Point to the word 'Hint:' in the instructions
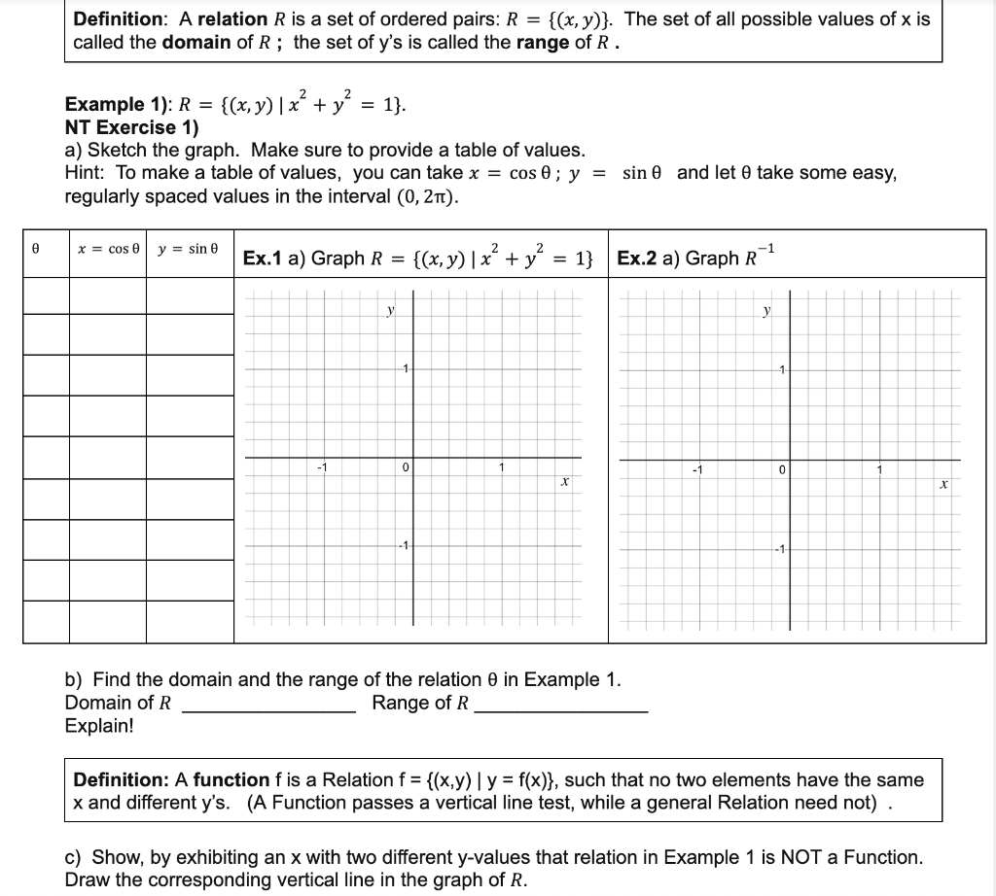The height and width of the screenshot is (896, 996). coord(88,173)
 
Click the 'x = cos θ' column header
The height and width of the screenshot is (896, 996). coord(108,250)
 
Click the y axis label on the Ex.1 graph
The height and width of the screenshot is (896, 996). coord(390,311)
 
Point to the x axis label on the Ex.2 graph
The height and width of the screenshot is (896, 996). coord(943,483)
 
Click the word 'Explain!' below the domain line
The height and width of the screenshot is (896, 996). coord(98,726)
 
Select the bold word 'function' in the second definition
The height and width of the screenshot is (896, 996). coord(231,779)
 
